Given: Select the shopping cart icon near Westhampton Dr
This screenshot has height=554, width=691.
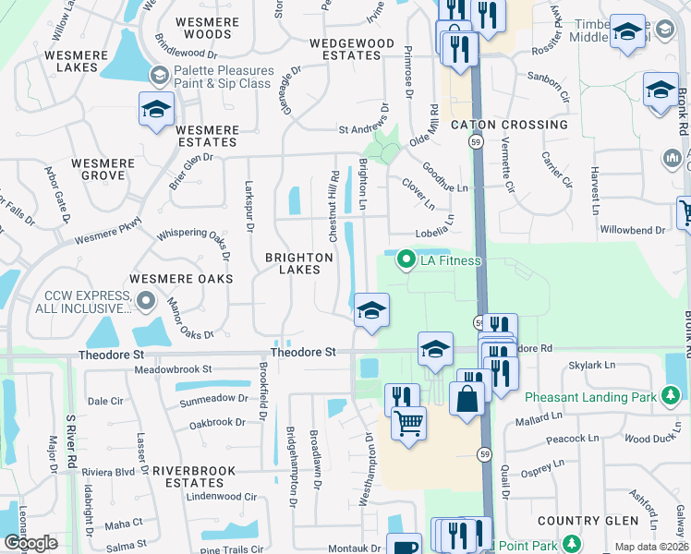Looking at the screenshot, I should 407,423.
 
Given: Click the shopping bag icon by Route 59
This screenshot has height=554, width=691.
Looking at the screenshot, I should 467,399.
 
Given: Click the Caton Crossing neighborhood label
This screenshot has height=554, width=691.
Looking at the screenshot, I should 509,125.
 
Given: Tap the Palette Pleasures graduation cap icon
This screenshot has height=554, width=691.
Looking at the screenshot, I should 159,74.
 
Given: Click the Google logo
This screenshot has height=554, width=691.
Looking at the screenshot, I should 30,543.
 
